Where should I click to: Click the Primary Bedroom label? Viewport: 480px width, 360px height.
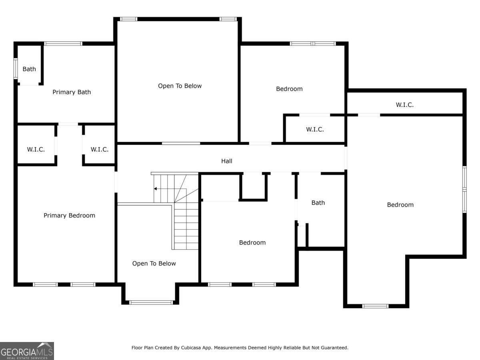point(69,216)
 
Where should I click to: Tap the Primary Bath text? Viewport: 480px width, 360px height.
point(72,92)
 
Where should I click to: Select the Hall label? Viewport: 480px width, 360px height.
point(227,161)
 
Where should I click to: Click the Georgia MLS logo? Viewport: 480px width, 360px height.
point(27,351)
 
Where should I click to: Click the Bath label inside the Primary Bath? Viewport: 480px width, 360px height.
point(29,69)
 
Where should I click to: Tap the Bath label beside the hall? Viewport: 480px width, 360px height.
point(318,203)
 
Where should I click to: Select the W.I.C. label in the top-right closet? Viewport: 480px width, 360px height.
point(404,105)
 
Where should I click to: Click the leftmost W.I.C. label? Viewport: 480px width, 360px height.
point(36,150)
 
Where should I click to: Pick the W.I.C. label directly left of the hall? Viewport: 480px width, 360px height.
point(99,150)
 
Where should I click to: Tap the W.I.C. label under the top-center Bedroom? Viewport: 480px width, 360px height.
point(315,130)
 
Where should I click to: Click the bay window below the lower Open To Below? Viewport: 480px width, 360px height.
point(151,302)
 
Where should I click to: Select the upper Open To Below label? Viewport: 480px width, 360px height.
point(180,86)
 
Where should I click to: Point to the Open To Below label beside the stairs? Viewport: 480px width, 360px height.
point(154,264)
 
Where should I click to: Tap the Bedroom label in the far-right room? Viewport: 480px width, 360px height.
point(400,205)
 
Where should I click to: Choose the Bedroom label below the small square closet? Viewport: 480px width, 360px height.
point(252,242)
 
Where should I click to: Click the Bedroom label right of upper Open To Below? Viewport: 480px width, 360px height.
point(289,89)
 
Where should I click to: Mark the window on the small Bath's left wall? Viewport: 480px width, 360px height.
point(16,69)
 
